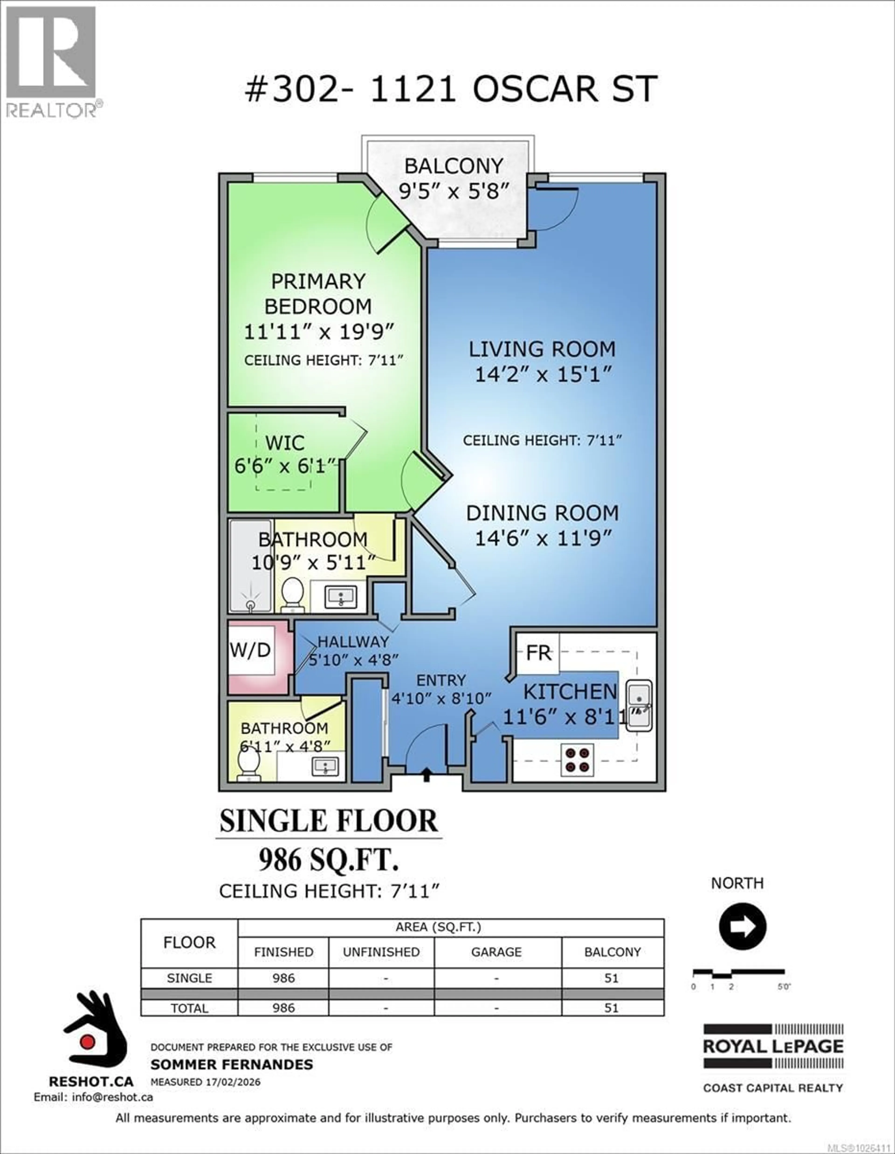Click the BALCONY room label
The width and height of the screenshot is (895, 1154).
click(x=453, y=166)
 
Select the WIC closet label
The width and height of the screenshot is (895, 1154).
click(x=285, y=443)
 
